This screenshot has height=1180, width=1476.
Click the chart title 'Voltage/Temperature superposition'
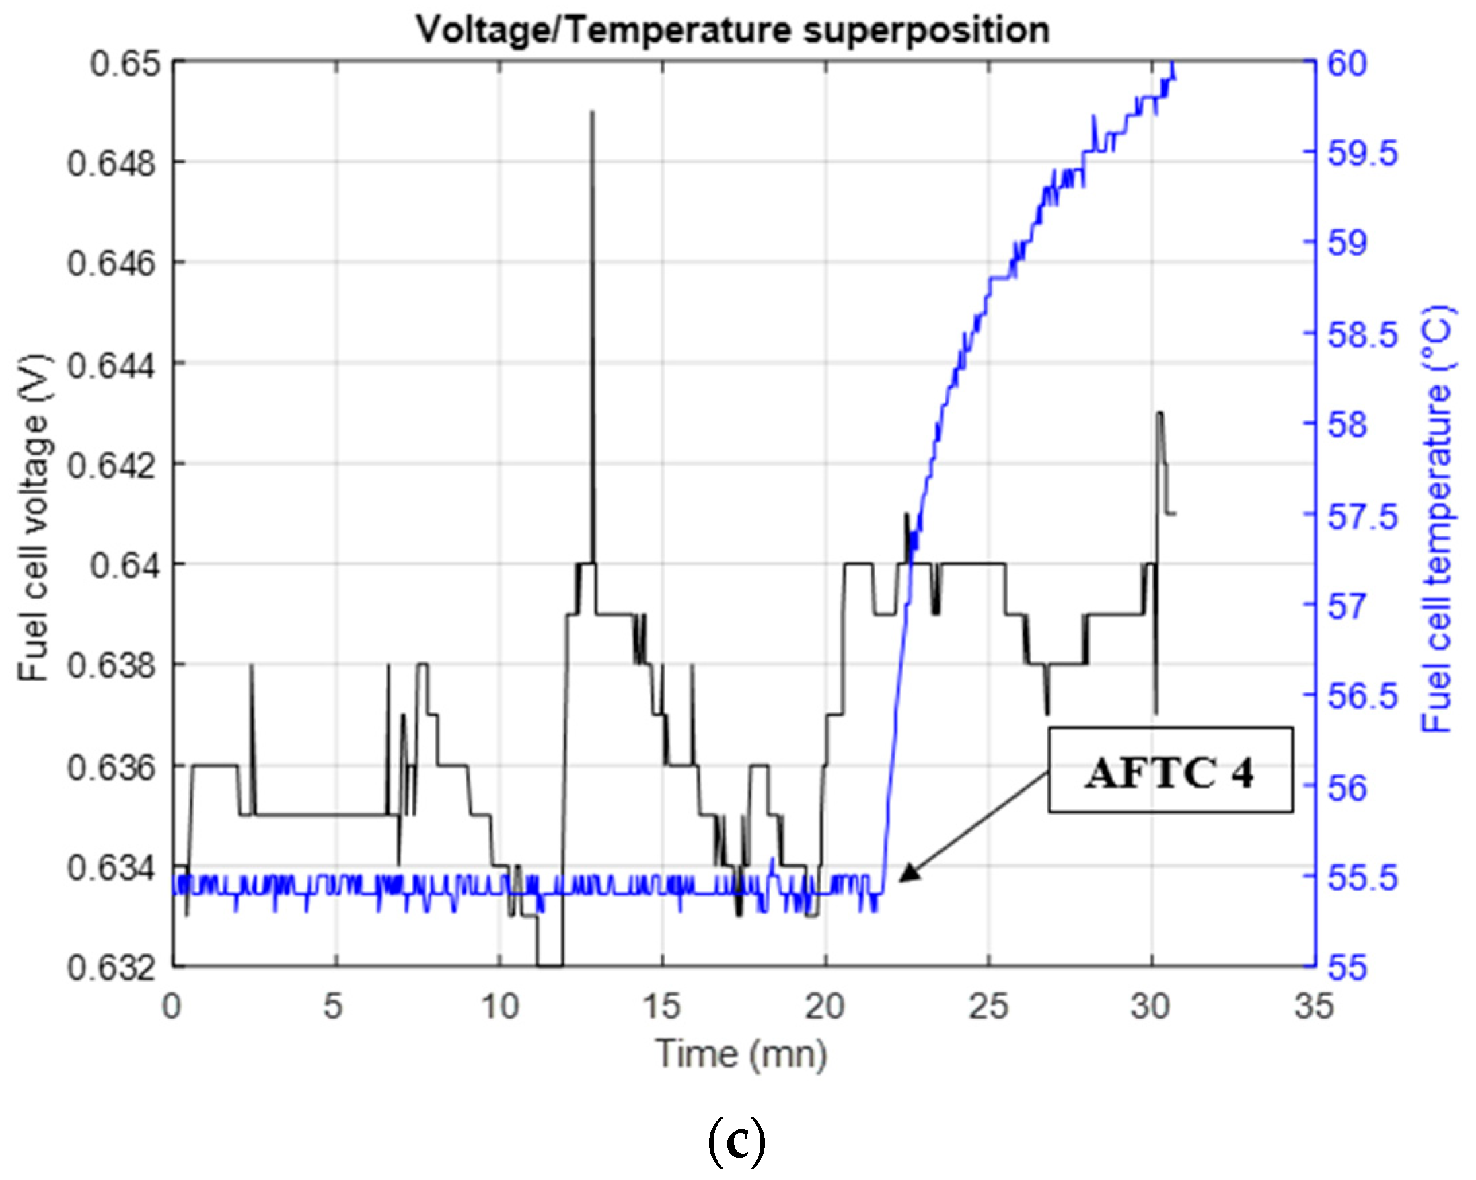click(x=733, y=30)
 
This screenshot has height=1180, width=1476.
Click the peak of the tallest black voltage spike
click(x=592, y=112)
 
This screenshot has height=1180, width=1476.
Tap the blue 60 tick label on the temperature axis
click(x=1348, y=64)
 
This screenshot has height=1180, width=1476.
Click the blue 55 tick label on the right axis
click(x=1348, y=968)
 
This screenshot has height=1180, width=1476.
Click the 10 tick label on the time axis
click(x=500, y=1007)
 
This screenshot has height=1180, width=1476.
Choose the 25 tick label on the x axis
click(x=989, y=1007)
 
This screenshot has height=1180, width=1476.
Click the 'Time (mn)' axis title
click(x=741, y=1055)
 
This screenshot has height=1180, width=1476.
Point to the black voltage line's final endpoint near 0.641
click(x=1175, y=513)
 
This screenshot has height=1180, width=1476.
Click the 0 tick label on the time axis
click(x=172, y=1007)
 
